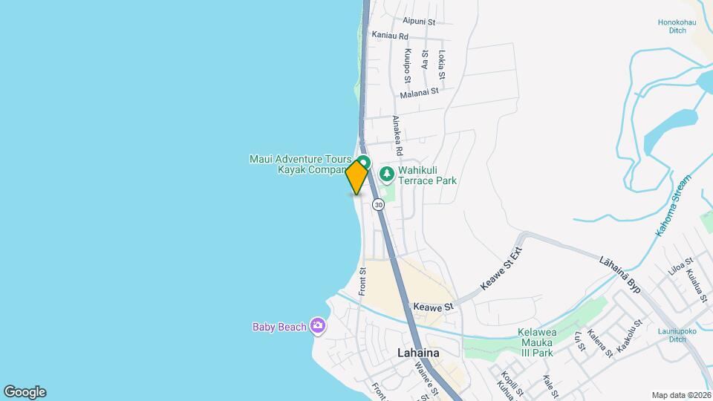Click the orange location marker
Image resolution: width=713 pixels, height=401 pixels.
[x=356, y=177]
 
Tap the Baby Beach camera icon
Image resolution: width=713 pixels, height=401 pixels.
[x=318, y=325]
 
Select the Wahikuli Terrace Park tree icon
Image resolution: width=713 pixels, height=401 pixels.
[x=386, y=175]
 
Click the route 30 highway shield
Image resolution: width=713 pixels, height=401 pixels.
[x=379, y=203]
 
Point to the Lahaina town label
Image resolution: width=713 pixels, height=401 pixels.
[x=418, y=353]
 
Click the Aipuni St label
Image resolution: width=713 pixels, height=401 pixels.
[x=418, y=21]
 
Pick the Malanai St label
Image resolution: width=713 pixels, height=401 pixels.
[x=419, y=93]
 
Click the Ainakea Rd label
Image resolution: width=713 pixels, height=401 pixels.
[x=397, y=135]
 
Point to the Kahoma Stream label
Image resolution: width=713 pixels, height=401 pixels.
[x=673, y=206]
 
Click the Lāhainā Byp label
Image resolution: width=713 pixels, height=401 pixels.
[x=619, y=273]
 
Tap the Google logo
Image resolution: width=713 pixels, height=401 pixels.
[x=25, y=391]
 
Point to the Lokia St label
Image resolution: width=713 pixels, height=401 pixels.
[x=442, y=65]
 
